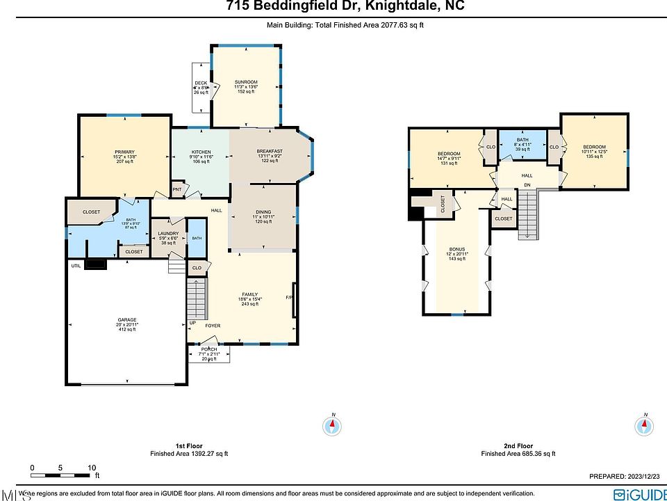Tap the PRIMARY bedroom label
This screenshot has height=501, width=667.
point(124,152)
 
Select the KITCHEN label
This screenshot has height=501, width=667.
point(201,152)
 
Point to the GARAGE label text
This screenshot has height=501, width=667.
point(126,320)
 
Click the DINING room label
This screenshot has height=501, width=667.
point(263,212)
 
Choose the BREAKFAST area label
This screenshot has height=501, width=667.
point(269,152)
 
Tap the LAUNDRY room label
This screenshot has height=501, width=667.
point(168,234)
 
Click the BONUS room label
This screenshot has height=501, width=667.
point(456,248)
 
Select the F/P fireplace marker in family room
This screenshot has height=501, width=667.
point(289,298)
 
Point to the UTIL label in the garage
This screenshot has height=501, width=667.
point(75,265)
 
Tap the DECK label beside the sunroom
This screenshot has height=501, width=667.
point(201,83)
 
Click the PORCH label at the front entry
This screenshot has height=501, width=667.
point(209,349)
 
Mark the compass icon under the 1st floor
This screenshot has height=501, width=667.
point(333,424)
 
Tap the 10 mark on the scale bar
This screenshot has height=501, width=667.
point(92,468)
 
